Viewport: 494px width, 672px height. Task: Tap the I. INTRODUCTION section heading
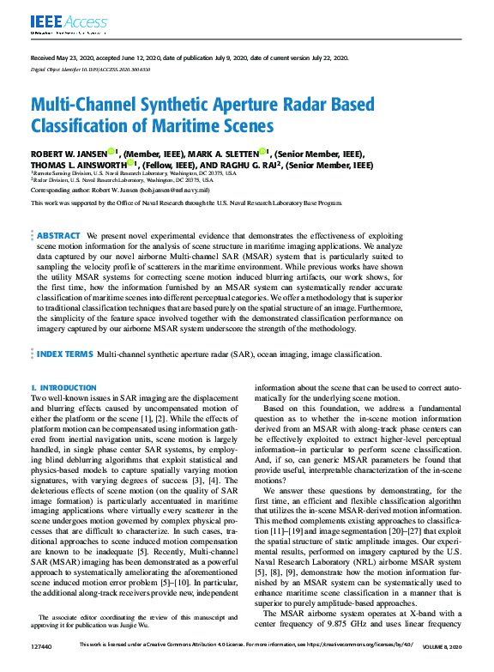(63, 388)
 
